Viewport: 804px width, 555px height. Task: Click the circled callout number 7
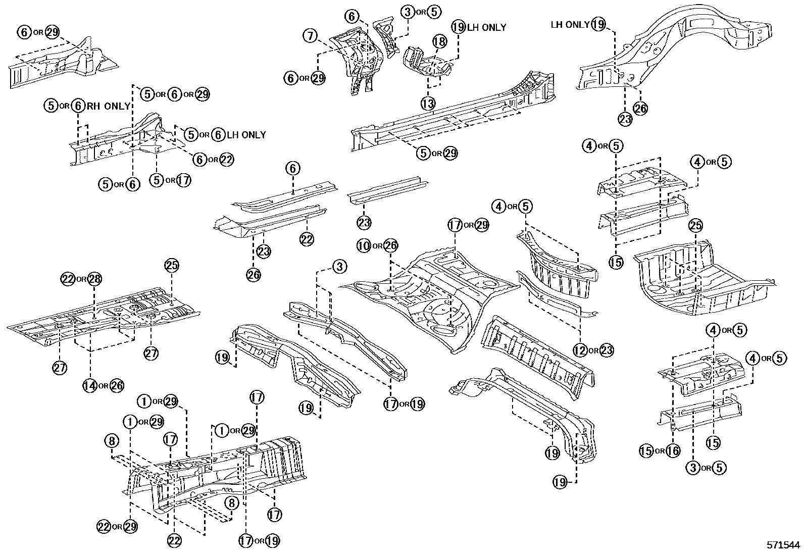[311, 36]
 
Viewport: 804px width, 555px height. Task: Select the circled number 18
[439, 42]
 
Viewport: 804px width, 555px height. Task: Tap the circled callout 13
[428, 104]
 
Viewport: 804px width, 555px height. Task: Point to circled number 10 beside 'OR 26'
[364, 246]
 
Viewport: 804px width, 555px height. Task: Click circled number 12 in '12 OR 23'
[581, 349]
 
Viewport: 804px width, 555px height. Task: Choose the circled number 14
[90, 386]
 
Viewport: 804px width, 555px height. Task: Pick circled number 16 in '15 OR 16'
[673, 450]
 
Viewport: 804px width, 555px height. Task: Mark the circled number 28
[94, 279]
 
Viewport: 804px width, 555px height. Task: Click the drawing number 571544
[782, 545]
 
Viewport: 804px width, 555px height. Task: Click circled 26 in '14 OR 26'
[116, 386]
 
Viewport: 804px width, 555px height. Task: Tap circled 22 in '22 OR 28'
[69, 279]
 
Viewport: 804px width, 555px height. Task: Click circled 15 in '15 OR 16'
[646, 450]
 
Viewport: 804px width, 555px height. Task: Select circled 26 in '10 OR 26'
[390, 246]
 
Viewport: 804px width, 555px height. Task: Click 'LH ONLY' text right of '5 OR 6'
[245, 135]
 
